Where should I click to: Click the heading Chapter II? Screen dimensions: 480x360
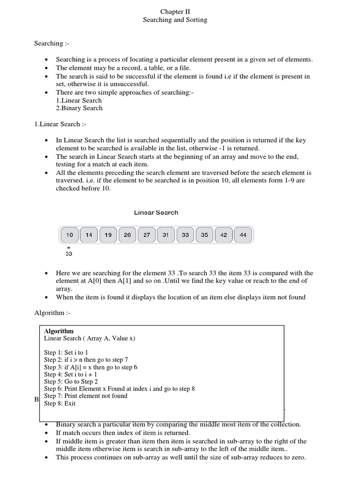coord(175,12)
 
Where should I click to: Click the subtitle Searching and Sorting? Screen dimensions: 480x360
coord(175,20)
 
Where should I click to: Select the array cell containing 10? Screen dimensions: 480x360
coord(69,235)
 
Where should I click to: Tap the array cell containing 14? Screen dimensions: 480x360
coord(89,235)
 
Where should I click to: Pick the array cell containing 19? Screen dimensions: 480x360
coord(108,235)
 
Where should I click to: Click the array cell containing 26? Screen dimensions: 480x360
coord(127,235)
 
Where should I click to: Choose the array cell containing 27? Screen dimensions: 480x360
coord(147,235)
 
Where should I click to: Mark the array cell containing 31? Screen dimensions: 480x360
coord(166,235)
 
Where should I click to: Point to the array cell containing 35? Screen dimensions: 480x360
coord(204,235)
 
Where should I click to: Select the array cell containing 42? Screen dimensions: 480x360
coord(224,235)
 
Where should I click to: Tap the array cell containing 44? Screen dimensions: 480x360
coord(243,235)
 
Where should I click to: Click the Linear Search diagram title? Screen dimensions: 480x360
coord(156,212)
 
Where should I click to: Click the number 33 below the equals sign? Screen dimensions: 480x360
coord(69,254)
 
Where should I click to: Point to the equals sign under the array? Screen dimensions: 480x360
coord(68,247)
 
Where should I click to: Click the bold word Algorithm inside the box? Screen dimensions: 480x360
coord(59,331)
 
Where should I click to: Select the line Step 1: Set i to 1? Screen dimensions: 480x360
coord(66,352)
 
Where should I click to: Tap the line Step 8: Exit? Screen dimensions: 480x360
coord(60,403)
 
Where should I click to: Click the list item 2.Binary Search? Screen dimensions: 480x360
coord(79,108)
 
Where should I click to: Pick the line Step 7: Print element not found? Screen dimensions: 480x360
coord(86,396)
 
